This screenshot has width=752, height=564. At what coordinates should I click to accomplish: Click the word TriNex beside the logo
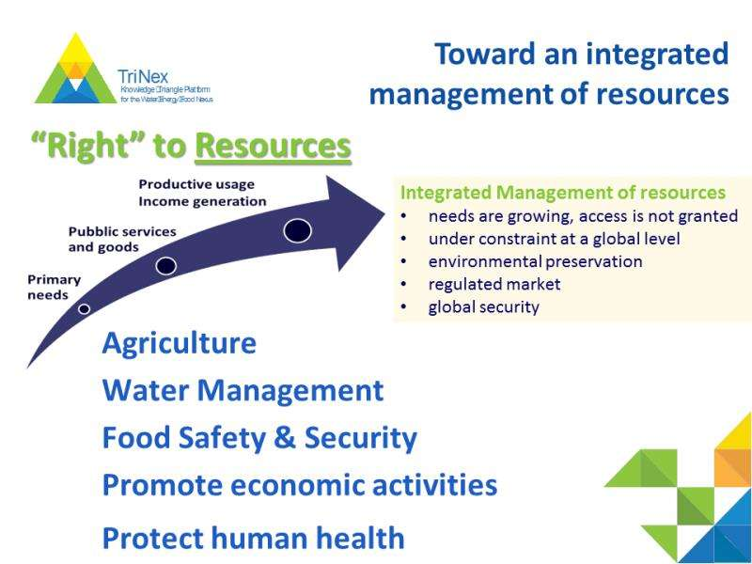pos(143,77)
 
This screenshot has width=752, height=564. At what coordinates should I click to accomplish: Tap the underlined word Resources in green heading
pos(274,147)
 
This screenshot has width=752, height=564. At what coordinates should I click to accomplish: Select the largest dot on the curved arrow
pos(297,230)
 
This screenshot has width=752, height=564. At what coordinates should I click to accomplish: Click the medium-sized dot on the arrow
pos(166,266)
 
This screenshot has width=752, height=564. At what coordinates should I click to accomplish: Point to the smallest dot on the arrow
pos(84,309)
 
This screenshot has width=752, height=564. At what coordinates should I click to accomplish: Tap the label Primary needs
pos(54,288)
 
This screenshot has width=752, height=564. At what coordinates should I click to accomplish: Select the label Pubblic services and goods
pos(122,240)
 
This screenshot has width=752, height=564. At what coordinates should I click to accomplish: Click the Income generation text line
pos(202,201)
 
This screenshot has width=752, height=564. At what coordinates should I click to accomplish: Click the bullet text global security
pos(483,307)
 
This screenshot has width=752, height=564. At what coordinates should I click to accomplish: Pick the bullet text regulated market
pos(494,285)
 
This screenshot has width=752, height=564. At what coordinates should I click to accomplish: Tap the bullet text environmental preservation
pos(535,262)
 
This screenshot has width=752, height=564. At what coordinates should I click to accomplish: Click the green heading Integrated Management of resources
pos(562,193)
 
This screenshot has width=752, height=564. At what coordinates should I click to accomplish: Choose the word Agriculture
pos(180,344)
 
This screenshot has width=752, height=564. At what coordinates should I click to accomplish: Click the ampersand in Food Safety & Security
pos(285,438)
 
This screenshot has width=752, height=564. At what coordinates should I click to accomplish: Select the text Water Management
pos(243,390)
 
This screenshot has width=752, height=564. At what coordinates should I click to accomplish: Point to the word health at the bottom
pos(359,538)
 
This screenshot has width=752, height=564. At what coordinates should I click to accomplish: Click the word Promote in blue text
pos(162,485)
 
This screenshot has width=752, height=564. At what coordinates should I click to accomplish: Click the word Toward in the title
pos(485,54)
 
